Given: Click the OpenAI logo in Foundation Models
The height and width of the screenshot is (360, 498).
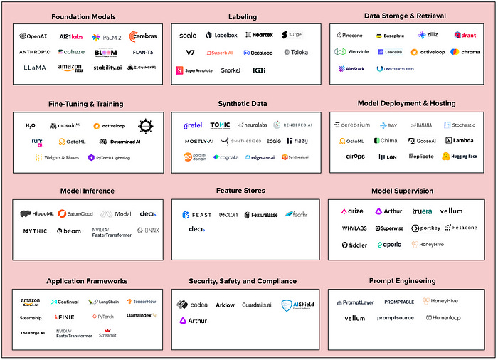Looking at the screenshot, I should pyautogui.click(x=33, y=36).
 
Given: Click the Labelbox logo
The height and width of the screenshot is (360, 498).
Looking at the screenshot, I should pyautogui.click(x=218, y=35).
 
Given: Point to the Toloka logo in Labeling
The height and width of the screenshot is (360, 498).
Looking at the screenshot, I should pyautogui.click(x=296, y=52).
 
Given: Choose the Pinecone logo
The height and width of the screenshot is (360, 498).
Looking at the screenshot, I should pyautogui.click(x=350, y=34).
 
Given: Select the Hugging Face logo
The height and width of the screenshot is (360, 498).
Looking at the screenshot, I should pyautogui.click(x=460, y=156).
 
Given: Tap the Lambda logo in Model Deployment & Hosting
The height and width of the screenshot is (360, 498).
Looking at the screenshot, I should pyautogui.click(x=459, y=141).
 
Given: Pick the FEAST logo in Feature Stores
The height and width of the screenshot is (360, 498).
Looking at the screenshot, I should pyautogui.click(x=196, y=214).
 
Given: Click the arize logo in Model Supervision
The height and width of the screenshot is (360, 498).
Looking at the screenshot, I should pyautogui.click(x=352, y=211).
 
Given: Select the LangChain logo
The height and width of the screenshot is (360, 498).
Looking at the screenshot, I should pyautogui.click(x=105, y=302).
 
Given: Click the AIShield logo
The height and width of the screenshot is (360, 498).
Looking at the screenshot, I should pyautogui.click(x=297, y=305).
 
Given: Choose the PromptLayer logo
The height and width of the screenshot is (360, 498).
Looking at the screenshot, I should pyautogui.click(x=355, y=302).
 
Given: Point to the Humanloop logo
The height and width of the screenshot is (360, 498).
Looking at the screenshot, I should pyautogui.click(x=446, y=318).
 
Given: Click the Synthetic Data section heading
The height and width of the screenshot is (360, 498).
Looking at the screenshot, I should pyautogui.click(x=245, y=103).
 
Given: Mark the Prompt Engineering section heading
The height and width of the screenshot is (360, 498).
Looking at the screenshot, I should pyautogui.click(x=402, y=280).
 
